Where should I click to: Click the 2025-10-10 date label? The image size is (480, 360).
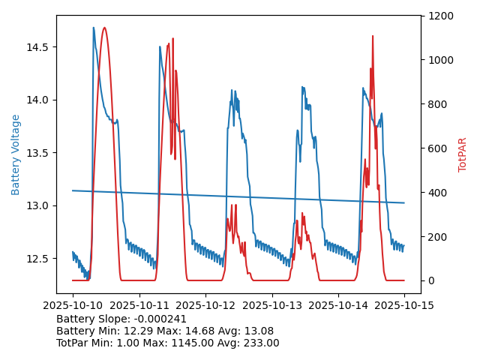click(x=73, y=304)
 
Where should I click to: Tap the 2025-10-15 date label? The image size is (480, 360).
click(x=404, y=304)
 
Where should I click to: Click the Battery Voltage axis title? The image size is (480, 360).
click(x=16, y=154)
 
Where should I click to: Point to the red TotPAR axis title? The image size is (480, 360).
click(x=463, y=154)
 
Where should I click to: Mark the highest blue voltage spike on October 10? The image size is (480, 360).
click(x=94, y=28)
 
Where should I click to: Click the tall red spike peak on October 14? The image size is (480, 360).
click(x=372, y=35)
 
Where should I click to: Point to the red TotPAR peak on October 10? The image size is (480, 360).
click(x=104, y=28)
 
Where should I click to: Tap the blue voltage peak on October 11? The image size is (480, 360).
click(x=160, y=46)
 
